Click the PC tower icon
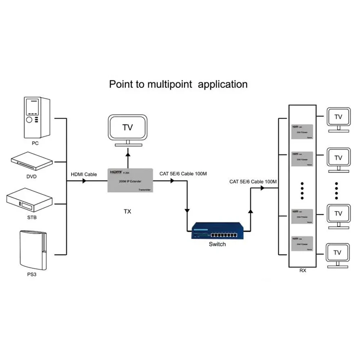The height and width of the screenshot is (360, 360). point(35,118)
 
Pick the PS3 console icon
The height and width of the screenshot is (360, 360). point(32,251)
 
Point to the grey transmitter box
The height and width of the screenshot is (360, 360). point(130,180)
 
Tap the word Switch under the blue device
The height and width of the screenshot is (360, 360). point(217,244)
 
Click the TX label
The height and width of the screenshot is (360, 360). point(127,211)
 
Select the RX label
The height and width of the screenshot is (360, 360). point(303,270)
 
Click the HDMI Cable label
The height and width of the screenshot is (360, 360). point(84,174)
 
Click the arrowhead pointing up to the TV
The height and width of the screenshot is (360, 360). point(127,153)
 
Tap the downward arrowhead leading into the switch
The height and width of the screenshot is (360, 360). point(187,210)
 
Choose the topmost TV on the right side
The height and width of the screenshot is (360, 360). point(338,118)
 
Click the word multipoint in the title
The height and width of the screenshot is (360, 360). point(169,84)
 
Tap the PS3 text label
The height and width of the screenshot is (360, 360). point(32,274)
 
